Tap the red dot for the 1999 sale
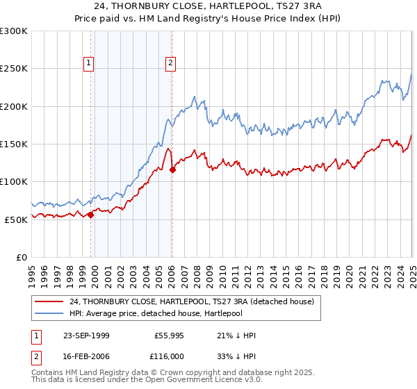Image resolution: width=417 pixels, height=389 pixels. pos(90,215)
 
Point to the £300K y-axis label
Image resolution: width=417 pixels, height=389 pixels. pos(13,31)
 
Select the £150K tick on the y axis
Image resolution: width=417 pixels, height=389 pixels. pos(13,144)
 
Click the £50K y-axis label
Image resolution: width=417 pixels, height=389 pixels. pos(16,219)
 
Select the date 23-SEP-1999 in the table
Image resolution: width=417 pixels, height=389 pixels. pos(85,336)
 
